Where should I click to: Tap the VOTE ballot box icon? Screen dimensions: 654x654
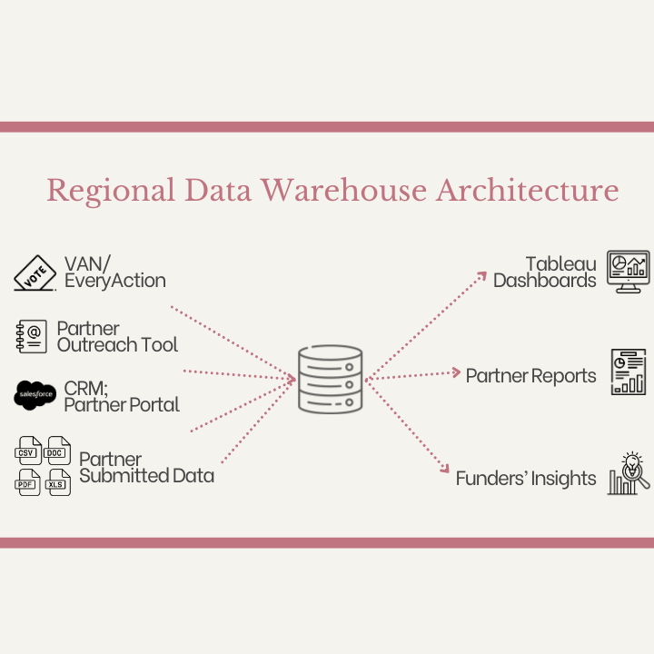coord(35,272)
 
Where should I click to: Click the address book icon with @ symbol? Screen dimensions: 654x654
coord(32,336)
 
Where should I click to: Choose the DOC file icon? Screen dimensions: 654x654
coord(59,451)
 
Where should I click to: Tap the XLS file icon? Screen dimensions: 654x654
coord(59,482)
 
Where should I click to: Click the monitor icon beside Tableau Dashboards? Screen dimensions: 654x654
coord(628,272)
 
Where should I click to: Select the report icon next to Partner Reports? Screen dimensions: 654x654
coord(628,372)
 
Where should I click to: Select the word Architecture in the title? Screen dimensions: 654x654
coord(528,191)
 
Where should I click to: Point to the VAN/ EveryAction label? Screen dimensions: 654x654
coord(114,272)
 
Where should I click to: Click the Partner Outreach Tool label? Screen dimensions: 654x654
coord(117,336)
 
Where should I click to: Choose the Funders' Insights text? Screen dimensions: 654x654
coord(526,478)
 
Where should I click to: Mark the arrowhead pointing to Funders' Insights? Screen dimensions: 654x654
coord(444,469)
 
